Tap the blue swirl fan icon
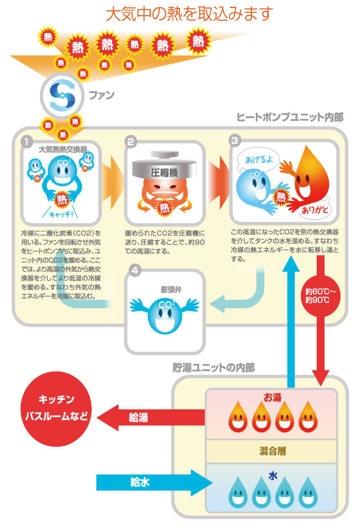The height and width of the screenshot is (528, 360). pos(61,95)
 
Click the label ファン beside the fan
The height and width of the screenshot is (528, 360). pos(102,95)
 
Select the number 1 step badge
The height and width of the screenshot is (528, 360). pos(26,142)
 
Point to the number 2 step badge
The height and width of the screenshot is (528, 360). pos(130,142)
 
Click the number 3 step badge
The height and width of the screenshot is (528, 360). pos(235,141)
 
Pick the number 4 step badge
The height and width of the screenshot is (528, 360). pos(134,271)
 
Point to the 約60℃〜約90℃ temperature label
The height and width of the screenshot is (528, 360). pos(321,296)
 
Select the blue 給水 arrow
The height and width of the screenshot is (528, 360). pos(152,481)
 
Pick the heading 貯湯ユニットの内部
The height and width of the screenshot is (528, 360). pos(213,368)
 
